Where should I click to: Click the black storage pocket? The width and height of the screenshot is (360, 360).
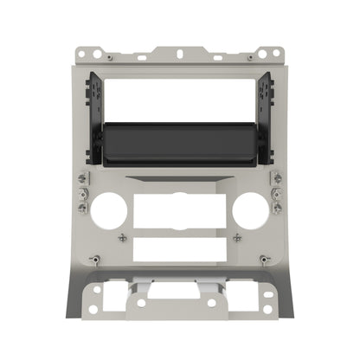[x=179, y=143]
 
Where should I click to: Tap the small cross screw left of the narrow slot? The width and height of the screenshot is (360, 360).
[x=122, y=236]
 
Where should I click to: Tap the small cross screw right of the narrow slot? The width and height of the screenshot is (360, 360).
[x=237, y=236]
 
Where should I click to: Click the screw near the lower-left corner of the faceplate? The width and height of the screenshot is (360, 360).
[x=94, y=260]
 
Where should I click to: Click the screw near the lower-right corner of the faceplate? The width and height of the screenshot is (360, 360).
[x=265, y=260]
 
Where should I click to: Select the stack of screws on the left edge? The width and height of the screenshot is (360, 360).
[x=82, y=192]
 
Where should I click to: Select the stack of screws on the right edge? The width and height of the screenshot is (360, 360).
[x=277, y=192]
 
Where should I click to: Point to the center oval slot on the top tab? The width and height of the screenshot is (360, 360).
[x=179, y=54]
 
